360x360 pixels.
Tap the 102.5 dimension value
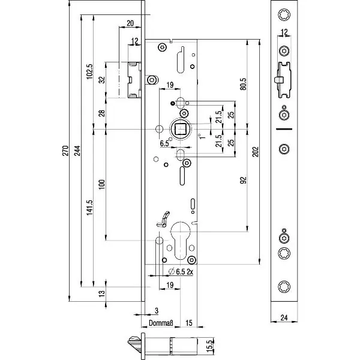(89, 71)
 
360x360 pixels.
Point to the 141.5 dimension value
(89, 208)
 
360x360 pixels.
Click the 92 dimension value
(244, 179)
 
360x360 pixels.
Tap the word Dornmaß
(160, 325)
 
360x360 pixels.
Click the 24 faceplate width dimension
(284, 319)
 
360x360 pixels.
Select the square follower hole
(181, 128)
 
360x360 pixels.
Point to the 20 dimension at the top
(130, 24)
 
